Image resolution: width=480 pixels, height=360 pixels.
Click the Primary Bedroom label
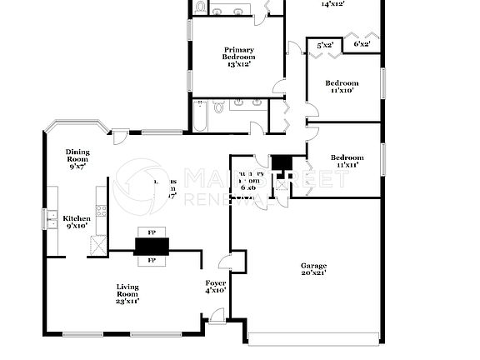[238, 57]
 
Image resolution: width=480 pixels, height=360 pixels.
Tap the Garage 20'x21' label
[312, 269]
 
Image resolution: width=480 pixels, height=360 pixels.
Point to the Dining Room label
[77, 158]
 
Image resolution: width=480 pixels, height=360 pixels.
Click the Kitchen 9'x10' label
[77, 222]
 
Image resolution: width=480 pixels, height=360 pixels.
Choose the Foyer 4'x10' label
[216, 287]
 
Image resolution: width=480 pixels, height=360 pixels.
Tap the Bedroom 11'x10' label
[342, 87]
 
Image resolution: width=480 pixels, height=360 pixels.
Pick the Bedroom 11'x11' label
[347, 161]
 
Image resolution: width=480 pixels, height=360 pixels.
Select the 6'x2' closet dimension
[362, 43]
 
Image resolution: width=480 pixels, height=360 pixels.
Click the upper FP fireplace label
[152, 232]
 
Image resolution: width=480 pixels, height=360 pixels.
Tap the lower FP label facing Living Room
[152, 260]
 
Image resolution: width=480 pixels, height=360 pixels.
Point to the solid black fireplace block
[152, 245]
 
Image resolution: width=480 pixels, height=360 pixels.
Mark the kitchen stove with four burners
[102, 211]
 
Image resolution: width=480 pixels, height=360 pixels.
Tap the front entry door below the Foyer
[216, 316]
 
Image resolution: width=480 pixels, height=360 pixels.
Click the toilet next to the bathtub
[218, 107]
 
